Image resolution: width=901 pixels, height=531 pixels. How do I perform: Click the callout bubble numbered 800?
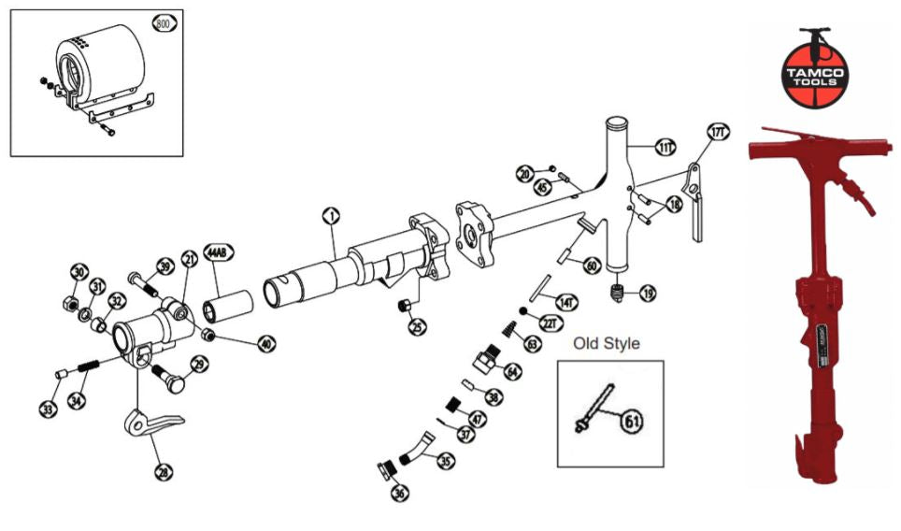pos(164,25)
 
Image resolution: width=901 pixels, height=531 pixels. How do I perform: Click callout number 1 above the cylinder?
pos(330,216)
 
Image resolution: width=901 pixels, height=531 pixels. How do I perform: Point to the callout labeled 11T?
pos(665,147)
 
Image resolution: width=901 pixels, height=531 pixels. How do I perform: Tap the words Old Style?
pos(607,344)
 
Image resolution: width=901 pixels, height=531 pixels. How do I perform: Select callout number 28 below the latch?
pos(164,473)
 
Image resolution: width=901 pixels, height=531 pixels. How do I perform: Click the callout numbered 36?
pos(400,493)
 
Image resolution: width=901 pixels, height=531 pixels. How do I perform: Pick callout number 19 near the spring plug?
pos(647,294)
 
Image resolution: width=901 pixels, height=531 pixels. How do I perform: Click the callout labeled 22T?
pos(549,323)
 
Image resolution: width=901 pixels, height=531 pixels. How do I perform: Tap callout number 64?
pos(513,370)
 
